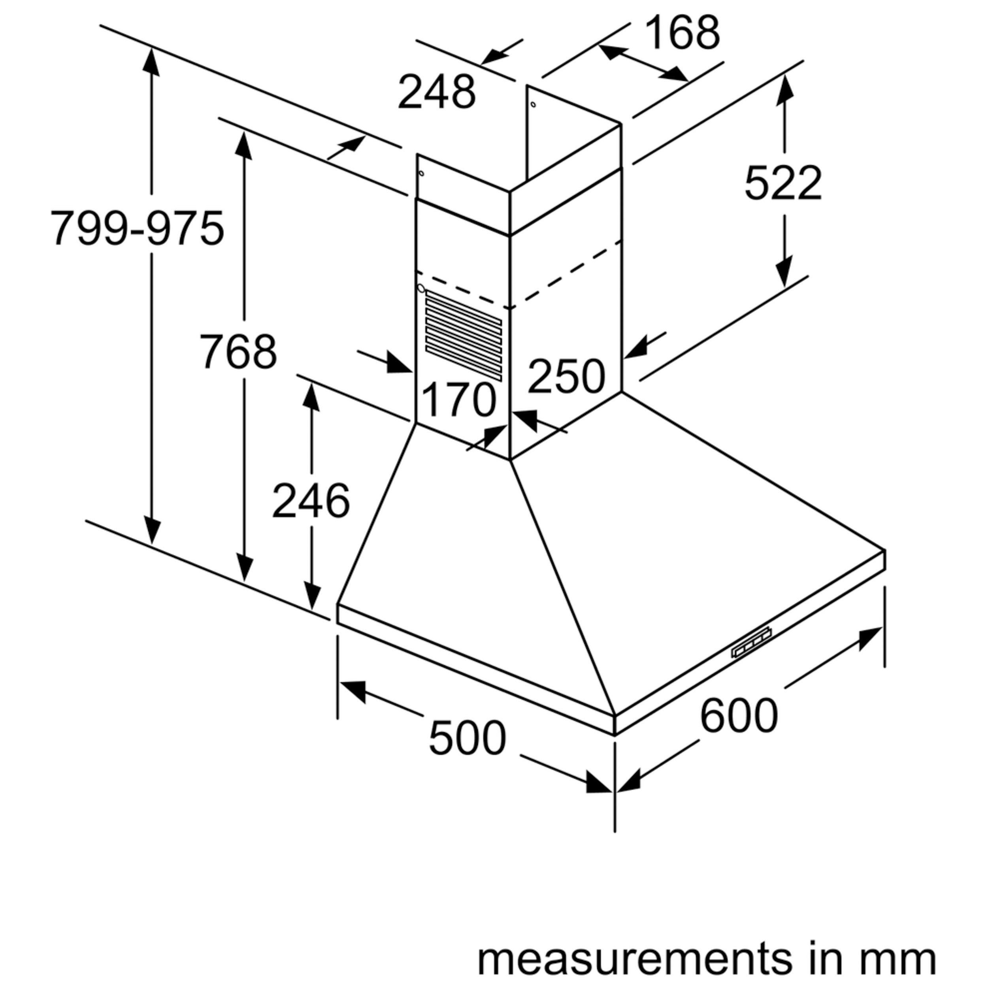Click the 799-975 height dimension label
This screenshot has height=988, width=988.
click(x=137, y=228)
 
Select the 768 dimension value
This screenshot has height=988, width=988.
click(x=238, y=351)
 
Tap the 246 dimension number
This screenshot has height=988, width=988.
click(x=311, y=501)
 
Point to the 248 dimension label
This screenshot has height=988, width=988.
click(x=437, y=92)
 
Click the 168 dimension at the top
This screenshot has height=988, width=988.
click(x=682, y=32)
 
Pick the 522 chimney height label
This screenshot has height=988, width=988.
click(x=783, y=183)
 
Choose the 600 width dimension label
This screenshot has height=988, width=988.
click(x=739, y=716)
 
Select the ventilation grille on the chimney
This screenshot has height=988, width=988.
click(x=463, y=335)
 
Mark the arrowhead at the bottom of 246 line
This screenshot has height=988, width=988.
click(x=311, y=596)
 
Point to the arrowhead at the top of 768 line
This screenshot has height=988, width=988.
click(x=244, y=145)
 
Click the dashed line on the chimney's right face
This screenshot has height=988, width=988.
click(x=568, y=273)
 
